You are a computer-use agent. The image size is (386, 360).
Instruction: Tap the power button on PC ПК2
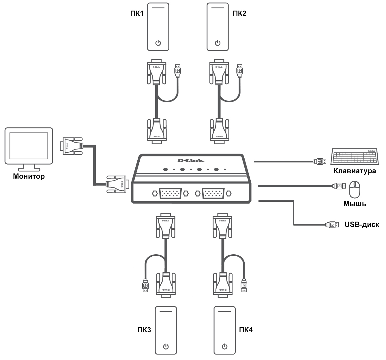(218, 43)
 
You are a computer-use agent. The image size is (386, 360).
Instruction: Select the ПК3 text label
(144, 330)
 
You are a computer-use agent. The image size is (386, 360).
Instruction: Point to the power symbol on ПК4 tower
(225, 346)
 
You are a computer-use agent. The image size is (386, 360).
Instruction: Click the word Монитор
(29, 176)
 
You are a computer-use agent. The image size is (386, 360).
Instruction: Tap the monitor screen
(29, 146)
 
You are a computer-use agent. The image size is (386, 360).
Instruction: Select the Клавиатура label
(355, 171)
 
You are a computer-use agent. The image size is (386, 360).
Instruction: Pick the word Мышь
(355, 204)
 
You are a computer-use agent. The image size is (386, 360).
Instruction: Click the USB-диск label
(362, 225)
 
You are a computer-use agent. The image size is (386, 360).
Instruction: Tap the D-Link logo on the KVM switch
(190, 161)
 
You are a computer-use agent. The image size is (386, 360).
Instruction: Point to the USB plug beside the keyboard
(320, 161)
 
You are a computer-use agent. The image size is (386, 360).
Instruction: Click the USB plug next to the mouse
(339, 186)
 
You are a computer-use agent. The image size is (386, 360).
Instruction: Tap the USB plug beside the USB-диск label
(332, 224)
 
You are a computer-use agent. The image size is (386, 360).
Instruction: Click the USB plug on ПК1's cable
(177, 71)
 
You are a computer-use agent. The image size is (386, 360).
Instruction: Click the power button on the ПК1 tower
(158, 43)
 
